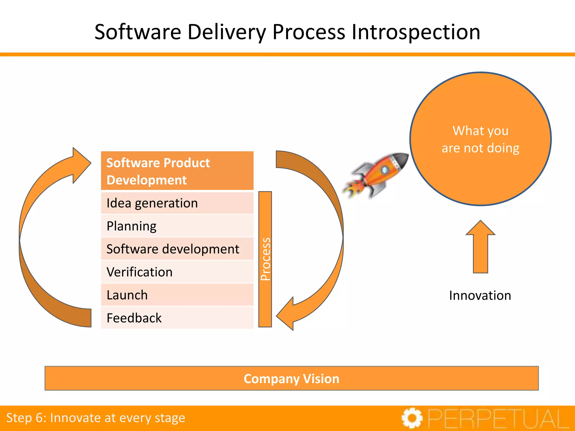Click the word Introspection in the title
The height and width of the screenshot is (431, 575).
coord(416,32)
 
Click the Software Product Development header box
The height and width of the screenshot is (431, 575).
coord(177,171)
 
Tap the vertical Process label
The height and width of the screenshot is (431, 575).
coord(265,259)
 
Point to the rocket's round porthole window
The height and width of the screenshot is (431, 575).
coord(384,170)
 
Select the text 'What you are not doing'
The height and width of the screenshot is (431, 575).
coord(480,139)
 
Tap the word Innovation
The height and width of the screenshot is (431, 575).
coord(480,295)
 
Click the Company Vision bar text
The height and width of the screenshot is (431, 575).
coord(291,379)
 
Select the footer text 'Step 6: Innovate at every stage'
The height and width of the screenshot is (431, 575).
coord(96,418)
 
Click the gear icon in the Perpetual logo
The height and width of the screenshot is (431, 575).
coord(412,418)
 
